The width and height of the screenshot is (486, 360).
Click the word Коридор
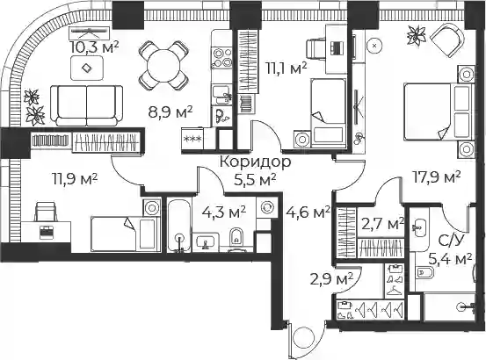coord(256,162)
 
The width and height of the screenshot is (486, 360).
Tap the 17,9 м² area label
coord(438,177)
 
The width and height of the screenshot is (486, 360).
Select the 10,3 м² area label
coord(95,47)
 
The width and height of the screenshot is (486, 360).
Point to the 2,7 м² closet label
coord(383,224)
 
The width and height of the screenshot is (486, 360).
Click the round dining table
coord(163,65)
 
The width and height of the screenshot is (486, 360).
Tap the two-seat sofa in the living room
coord(86,106)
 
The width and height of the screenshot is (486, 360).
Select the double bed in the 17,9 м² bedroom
coord(438,112)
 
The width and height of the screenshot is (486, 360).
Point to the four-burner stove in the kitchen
coord(221,58)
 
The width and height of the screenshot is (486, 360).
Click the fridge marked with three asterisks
coord(192,139)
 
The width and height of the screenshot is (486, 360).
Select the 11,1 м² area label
coord(287,68)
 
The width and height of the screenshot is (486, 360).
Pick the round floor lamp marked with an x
coord(374,46)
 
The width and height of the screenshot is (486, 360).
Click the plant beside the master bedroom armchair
coord(416,34)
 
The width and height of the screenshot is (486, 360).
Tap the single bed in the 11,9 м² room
coord(125,234)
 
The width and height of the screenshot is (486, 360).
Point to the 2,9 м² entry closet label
coord(331,279)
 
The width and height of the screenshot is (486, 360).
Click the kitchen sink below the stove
coord(221,94)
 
